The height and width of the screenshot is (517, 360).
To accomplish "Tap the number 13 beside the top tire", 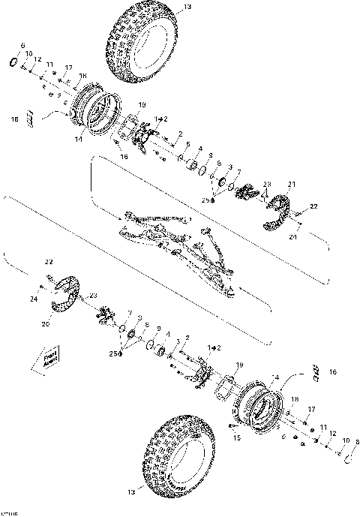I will click(x=187, y=8).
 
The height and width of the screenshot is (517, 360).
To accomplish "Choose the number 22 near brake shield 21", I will click(x=315, y=205).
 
